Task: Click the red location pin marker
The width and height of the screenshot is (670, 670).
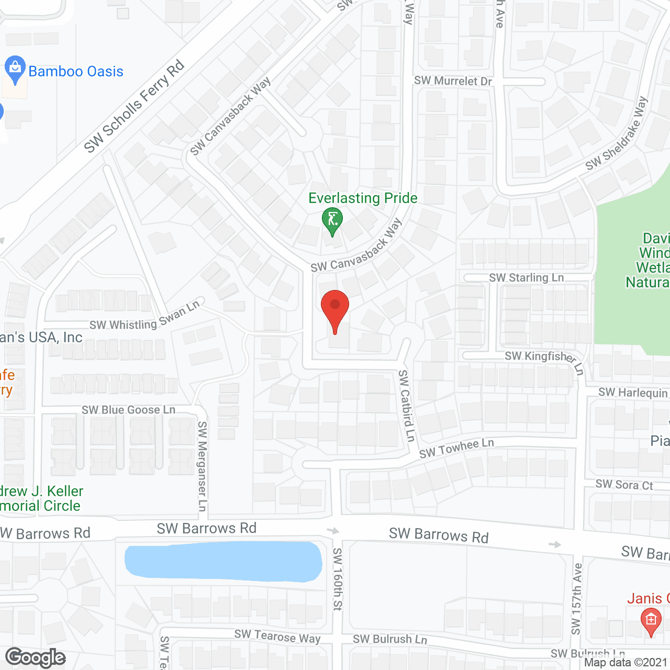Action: (x=335, y=309)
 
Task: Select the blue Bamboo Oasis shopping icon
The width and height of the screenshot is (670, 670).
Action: (x=15, y=69)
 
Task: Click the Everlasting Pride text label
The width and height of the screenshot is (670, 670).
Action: (x=363, y=198)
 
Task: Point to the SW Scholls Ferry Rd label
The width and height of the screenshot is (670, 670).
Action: (x=134, y=106)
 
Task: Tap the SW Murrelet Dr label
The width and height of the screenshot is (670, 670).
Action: (x=453, y=81)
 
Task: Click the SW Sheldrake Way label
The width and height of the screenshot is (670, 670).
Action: (x=617, y=133)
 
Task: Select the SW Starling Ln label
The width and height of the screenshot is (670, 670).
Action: (x=526, y=277)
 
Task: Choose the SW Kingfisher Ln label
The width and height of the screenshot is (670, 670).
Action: (x=544, y=360)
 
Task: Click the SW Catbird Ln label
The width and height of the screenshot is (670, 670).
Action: (x=406, y=406)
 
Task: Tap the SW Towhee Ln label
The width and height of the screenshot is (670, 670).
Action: (x=456, y=449)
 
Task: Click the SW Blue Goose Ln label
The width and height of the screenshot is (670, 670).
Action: (x=128, y=410)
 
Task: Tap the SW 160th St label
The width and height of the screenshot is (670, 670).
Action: (x=338, y=579)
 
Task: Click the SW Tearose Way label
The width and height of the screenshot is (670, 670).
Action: (x=277, y=636)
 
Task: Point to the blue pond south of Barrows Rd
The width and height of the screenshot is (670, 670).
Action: (x=223, y=562)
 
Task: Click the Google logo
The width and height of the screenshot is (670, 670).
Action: (x=35, y=657)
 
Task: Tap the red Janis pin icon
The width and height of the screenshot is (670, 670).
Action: (x=651, y=621)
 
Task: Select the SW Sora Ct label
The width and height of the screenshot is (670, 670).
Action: (x=624, y=485)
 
